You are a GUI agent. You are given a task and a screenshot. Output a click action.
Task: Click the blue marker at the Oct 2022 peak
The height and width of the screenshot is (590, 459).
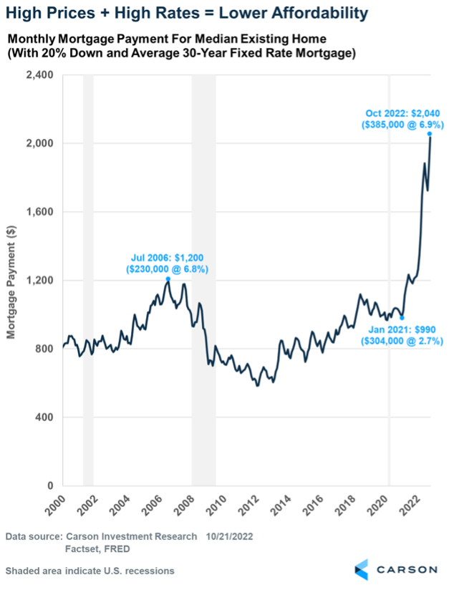click(430, 134)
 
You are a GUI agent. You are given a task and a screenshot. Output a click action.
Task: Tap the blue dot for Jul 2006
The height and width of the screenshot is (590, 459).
click(168, 279)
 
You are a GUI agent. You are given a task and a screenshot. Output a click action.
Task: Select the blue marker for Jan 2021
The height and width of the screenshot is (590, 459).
click(402, 318)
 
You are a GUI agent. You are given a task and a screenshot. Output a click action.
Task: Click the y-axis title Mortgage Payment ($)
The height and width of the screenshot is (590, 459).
click(11, 281)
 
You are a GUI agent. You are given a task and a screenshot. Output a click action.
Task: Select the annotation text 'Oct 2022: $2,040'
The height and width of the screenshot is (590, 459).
click(402, 112)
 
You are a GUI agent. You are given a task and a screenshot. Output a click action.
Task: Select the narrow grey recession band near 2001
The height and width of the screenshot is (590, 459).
click(88, 280)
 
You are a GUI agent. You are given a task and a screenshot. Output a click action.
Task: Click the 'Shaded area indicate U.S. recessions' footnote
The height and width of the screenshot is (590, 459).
click(90, 571)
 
